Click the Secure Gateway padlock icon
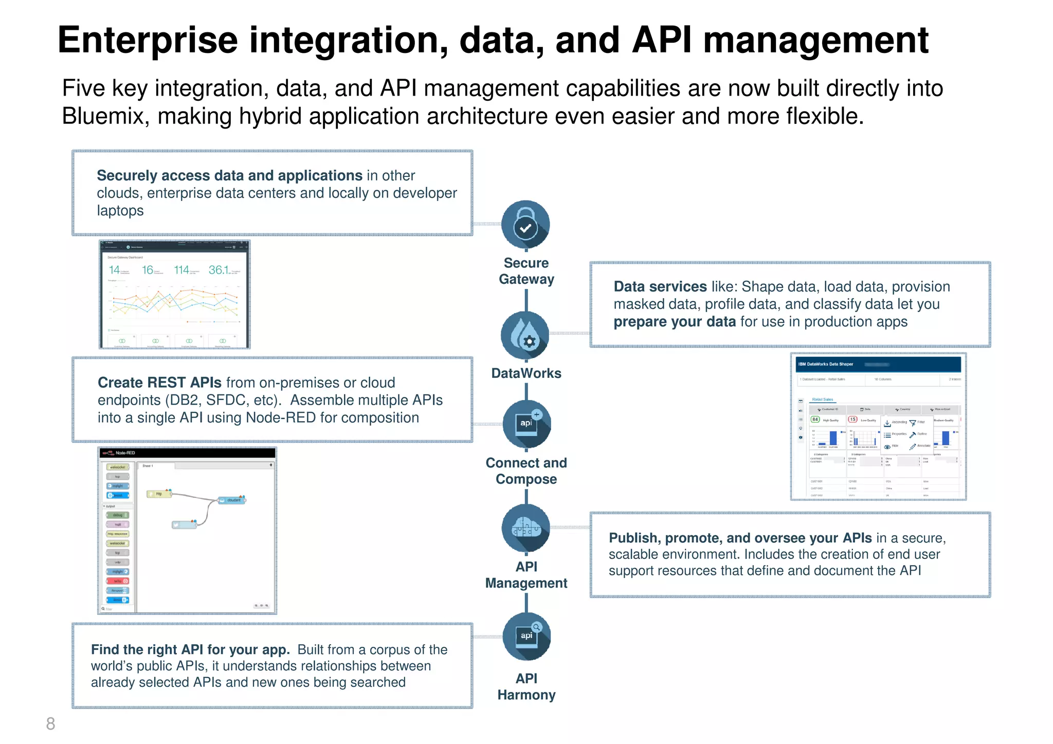(525, 225)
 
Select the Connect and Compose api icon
(526, 424)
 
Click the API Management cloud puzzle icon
(525, 528)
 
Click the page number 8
(50, 723)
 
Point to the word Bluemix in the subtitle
(102, 116)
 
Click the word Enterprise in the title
(148, 40)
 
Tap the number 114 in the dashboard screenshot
(181, 270)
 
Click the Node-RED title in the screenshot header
(125, 453)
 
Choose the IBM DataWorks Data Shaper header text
(825, 364)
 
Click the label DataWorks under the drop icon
(526, 373)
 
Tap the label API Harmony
(526, 686)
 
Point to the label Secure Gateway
(526, 271)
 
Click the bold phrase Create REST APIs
(159, 383)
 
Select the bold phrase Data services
(660, 286)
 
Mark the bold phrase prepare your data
(675, 322)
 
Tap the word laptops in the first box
(120, 211)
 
